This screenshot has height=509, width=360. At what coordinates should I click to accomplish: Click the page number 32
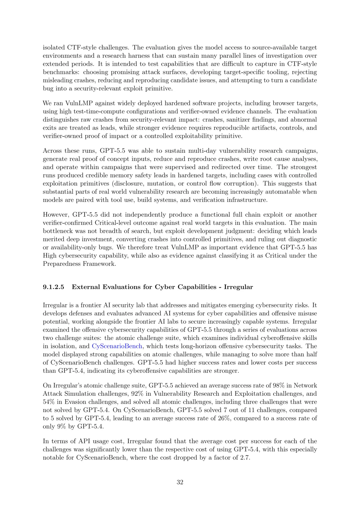click(180, 482)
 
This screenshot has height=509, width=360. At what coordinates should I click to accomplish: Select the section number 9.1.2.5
click(54, 287)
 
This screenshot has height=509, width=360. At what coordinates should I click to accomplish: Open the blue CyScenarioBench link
click(117, 346)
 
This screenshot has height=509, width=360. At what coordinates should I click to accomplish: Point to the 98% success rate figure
click(279, 386)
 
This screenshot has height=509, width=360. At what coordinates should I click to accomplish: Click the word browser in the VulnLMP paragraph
click(284, 103)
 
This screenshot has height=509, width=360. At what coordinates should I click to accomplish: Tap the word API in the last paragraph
click(84, 441)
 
